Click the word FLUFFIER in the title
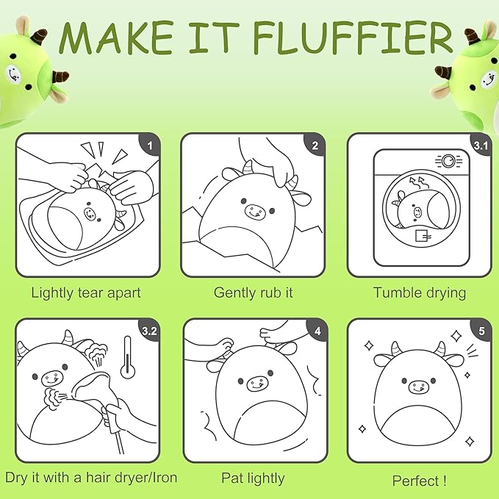[353, 37]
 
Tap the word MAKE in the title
[116, 37]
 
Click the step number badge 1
[150, 145]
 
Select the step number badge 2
[315, 145]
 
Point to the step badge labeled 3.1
[481, 145]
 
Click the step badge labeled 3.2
[150, 331]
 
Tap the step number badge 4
[317, 331]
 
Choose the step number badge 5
[481, 331]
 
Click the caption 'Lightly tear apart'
[86, 292]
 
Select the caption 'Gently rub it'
[253, 292]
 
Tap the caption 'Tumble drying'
[420, 292]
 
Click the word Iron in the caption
[165, 478]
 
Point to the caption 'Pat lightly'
[253, 478]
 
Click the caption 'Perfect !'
[419, 481]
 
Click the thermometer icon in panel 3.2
[128, 357]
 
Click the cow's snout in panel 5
[418, 387]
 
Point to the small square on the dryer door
[422, 235]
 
